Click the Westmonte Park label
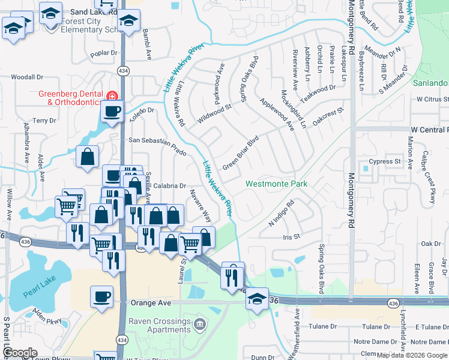click(x=277, y=184)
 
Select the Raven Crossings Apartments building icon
click(x=199, y=325)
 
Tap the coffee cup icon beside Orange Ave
click(x=101, y=296)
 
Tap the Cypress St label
click(x=385, y=161)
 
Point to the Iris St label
click(x=291, y=237)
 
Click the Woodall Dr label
click(x=28, y=77)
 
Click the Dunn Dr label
click(x=263, y=357)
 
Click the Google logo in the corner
click(x=20, y=353)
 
